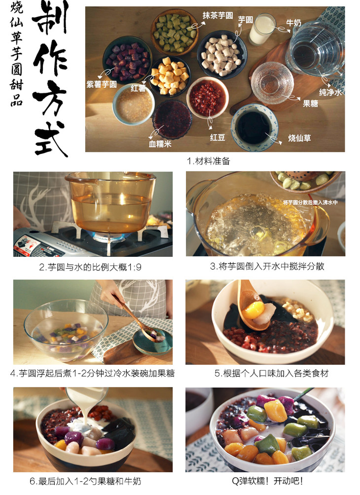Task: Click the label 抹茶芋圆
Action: [x=217, y=15]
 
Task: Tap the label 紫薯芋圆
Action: [x=102, y=84]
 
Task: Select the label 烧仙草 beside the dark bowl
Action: [x=299, y=138]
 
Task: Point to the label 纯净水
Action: [x=330, y=92]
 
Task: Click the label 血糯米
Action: [x=160, y=144]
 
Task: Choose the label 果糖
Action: [x=310, y=104]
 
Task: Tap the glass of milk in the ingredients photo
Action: [x=262, y=29]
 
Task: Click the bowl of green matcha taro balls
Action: [x=174, y=31]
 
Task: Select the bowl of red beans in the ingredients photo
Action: [x=208, y=98]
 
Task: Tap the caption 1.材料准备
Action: [x=209, y=161]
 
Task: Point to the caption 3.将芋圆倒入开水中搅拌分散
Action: [x=267, y=266]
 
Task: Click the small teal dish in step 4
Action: [x=153, y=341]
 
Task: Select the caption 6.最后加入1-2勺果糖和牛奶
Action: [x=85, y=481]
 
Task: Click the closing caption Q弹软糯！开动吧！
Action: [x=267, y=481]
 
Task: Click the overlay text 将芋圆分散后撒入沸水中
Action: [x=310, y=202]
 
